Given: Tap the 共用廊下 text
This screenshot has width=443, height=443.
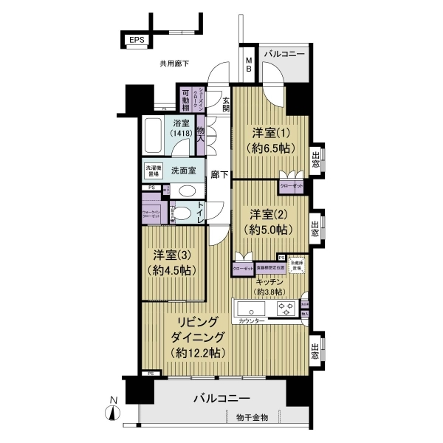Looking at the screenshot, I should click(174, 64).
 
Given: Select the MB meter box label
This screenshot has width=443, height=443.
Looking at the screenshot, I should click(249, 65).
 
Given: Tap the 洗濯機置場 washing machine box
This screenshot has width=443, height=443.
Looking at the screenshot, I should click(154, 170).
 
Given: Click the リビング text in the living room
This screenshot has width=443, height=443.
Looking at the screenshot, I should click(196, 323).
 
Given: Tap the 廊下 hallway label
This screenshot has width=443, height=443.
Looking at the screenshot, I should click(219, 175).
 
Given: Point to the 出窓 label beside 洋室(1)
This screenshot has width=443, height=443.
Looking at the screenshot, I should click(316, 160).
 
